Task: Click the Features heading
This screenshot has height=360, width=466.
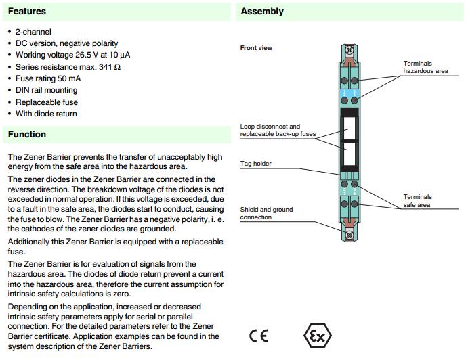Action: (27, 12)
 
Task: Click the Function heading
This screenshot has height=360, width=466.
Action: (27, 135)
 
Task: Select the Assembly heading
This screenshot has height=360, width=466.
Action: (262, 12)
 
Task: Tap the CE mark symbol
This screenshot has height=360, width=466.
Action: (258, 336)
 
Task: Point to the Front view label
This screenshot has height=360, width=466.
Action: (256, 48)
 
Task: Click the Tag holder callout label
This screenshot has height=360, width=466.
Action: (255, 164)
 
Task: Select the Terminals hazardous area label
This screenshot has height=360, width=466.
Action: (425, 67)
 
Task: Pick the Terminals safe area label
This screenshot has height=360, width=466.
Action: (417, 201)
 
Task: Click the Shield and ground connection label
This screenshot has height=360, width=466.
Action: (266, 213)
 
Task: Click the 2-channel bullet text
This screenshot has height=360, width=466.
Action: (33, 32)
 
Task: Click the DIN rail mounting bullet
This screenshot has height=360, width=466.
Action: (47, 90)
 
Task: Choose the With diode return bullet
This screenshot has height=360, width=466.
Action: (46, 114)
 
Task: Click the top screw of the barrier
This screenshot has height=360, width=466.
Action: (350, 49)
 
